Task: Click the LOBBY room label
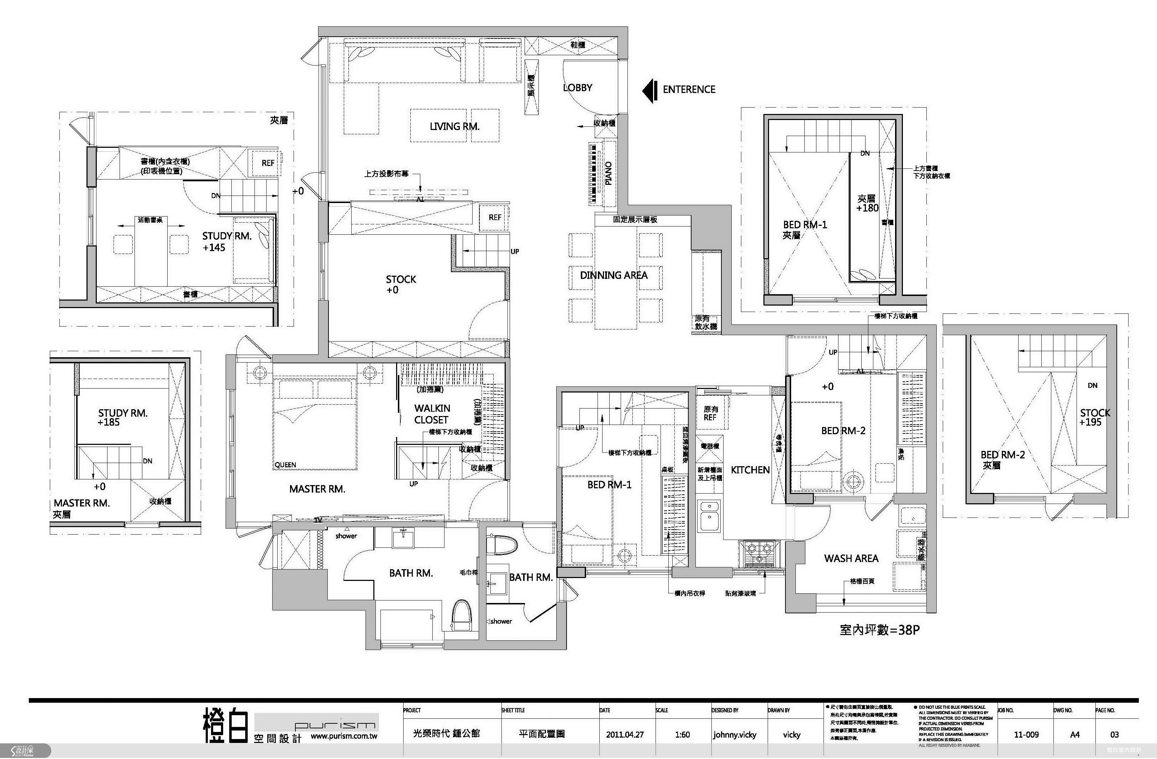[x=578, y=88]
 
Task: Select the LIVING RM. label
[x=454, y=126]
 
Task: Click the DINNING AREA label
[x=614, y=275]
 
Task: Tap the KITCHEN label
[x=750, y=470]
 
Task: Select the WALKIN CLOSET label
[x=432, y=414]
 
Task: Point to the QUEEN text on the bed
[x=285, y=465]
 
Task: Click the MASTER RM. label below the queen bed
[x=317, y=489]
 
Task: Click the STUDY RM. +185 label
[x=122, y=417]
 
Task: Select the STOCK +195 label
[x=1095, y=417]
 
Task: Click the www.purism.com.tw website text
[x=344, y=736]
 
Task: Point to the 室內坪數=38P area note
[x=879, y=630]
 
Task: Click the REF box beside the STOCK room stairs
[x=495, y=218]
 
